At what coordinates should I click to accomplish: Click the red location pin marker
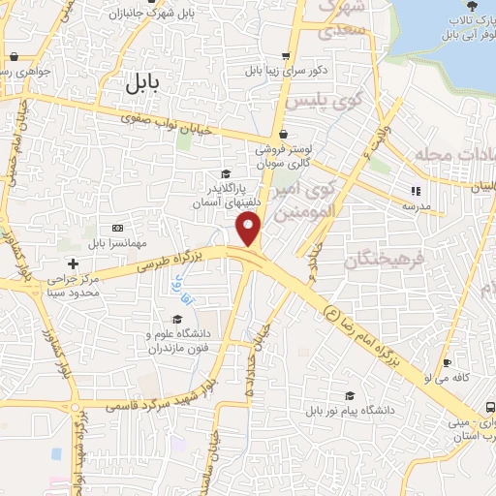point(250,229)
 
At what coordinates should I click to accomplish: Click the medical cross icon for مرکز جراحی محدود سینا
point(73,263)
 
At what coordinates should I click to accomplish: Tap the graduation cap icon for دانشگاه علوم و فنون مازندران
point(176,319)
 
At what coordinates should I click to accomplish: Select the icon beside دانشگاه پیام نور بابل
point(349,394)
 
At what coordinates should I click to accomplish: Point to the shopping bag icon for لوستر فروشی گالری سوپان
point(283,135)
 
